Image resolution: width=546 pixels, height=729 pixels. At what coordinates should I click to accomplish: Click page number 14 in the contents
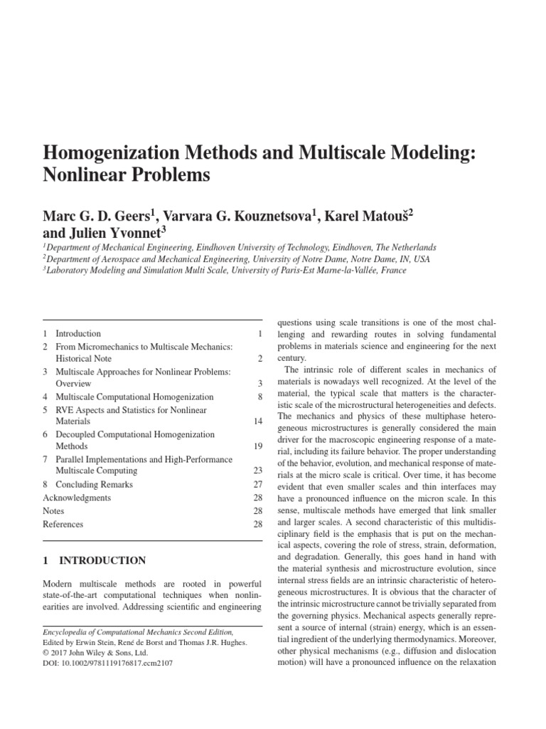click(258, 421)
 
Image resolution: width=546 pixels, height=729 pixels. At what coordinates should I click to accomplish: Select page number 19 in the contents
click(258, 446)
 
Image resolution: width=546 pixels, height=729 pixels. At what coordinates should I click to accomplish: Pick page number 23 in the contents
click(258, 471)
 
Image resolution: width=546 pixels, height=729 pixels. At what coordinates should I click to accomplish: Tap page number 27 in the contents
click(258, 484)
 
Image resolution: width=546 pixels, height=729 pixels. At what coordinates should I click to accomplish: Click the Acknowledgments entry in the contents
click(77, 498)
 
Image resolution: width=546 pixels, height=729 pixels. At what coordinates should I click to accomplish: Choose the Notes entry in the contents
click(53, 510)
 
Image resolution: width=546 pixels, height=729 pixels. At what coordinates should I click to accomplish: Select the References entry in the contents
click(63, 524)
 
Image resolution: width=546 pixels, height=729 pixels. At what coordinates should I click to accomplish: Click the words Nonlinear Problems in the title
click(127, 175)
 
